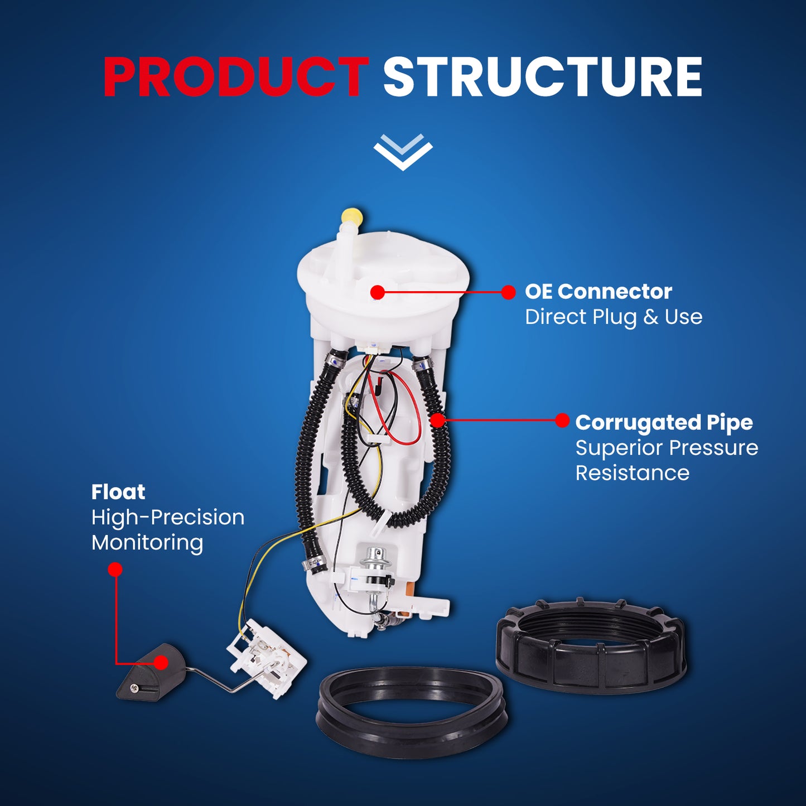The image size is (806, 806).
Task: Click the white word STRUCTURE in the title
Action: click(543, 78)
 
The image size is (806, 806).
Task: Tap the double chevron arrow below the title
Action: click(403, 152)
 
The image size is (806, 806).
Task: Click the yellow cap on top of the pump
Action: click(352, 216)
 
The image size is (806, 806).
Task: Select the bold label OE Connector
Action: click(598, 292)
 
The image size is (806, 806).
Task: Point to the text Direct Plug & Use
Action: click(614, 317)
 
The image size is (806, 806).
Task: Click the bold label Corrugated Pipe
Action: click(664, 422)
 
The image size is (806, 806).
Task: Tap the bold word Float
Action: click(118, 492)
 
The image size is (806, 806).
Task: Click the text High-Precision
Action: click(168, 518)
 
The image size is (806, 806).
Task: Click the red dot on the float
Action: click(161, 662)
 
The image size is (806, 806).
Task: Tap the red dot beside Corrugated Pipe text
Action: click(562, 421)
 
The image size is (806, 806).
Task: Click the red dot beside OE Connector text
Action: click(508, 292)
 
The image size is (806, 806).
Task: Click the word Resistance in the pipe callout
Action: click(632, 473)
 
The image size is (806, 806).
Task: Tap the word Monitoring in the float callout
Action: click(147, 543)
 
